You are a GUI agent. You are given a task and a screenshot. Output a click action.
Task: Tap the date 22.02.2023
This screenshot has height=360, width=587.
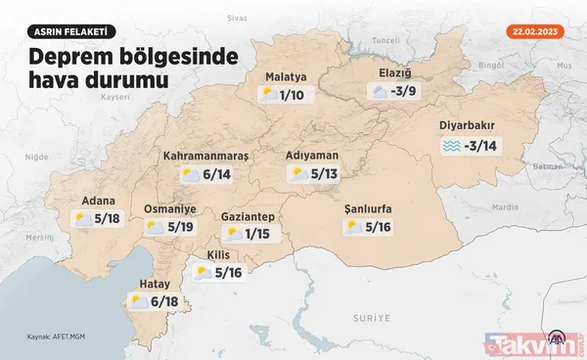click(x=536, y=30)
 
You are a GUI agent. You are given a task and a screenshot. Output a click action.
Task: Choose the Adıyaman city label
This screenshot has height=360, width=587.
click(x=312, y=155)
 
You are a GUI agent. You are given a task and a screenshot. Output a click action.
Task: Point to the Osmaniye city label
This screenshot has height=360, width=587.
click(x=171, y=208)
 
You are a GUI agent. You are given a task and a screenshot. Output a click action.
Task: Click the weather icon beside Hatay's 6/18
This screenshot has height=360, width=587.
click(x=139, y=302)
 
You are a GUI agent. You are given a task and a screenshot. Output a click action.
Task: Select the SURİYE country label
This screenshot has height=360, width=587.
click(x=372, y=319)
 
